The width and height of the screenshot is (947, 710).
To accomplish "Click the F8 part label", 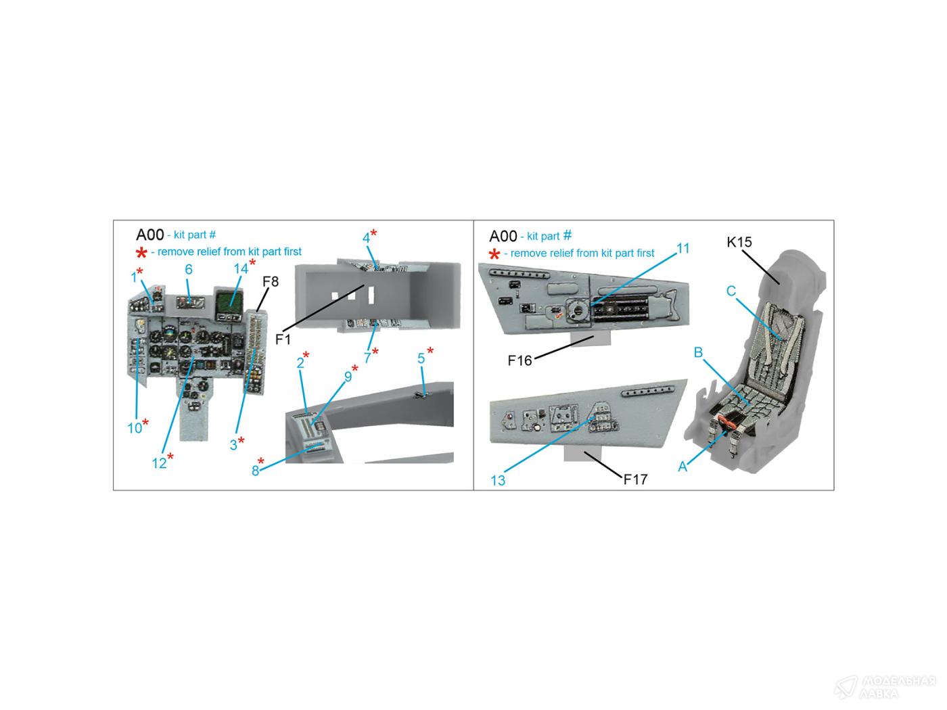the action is coord(271,281).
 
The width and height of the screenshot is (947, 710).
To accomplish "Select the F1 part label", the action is coord(283,339).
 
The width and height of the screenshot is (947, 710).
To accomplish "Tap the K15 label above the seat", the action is coord(739,242).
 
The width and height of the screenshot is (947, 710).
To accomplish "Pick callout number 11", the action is coord(683,248).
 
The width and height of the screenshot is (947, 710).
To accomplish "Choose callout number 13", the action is coord(498,480).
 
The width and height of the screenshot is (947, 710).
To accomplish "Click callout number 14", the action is coord(241,268).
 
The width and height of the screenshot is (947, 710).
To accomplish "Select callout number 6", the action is coord(189,269).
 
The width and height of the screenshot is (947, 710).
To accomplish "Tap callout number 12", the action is coord(159,463).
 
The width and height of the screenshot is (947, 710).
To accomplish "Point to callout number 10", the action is coord(135,427).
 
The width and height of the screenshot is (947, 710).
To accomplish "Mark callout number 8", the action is coord(255,471).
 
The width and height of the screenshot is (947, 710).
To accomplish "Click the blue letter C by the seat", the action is coord(731,291).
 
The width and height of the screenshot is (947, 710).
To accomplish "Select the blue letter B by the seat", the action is coord(698,352).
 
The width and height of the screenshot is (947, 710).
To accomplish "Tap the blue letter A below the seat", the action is coord(682,467).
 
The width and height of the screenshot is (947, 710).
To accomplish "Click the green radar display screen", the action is coord(229,301).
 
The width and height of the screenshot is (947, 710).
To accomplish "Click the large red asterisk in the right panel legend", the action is coord(494,254).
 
